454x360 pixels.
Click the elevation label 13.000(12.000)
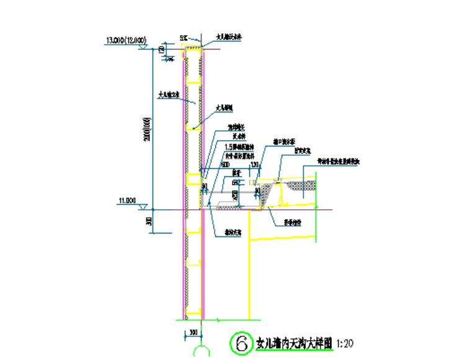pyautogui.click(x=126, y=41)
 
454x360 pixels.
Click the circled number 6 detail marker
pyautogui.click(x=240, y=343)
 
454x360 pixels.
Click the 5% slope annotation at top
pyautogui.click(x=184, y=38)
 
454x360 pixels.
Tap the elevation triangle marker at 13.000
pyautogui.click(x=143, y=47)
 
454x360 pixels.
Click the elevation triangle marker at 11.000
pyautogui.click(x=143, y=205)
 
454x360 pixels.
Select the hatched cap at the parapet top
pyautogui.click(x=194, y=47)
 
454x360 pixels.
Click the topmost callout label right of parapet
pyautogui.click(x=228, y=37)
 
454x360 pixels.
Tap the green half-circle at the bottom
pyautogui.click(x=202, y=352)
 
